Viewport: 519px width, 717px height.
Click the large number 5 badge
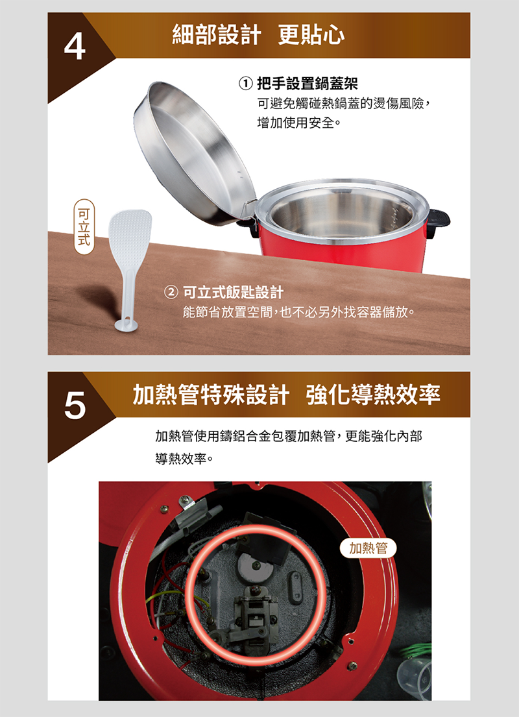pos(75,405)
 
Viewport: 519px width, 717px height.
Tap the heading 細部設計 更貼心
pos(258,35)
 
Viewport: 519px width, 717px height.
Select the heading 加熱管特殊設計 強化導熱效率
pos(287,394)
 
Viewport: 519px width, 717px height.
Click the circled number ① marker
pos(246,84)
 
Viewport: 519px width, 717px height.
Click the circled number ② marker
pos(171,292)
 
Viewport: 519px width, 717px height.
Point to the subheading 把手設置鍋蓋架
pos(307,84)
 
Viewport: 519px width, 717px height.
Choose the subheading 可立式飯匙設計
pos(233,292)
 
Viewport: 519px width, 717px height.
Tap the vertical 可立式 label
pos(84,227)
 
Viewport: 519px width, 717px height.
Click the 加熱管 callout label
pos(368,548)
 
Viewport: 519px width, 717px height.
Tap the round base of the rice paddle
pos(127,325)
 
